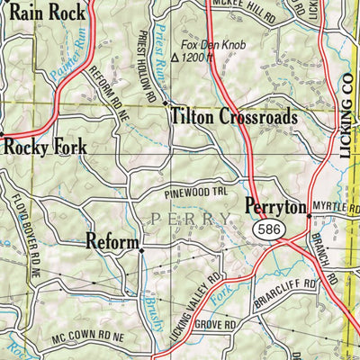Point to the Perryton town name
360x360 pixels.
[x=274, y=207]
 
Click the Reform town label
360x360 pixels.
[x=112, y=240]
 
